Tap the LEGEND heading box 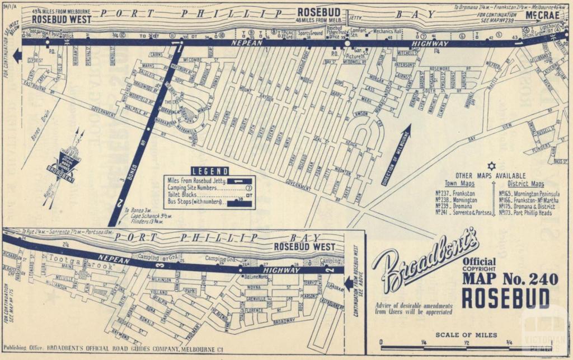click(x=210, y=171)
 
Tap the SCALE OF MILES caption click(x=466, y=335)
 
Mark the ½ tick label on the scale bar click(x=466, y=343)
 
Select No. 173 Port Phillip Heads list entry click(x=525, y=213)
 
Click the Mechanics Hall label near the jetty click(x=389, y=32)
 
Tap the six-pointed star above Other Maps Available click(x=491, y=166)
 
